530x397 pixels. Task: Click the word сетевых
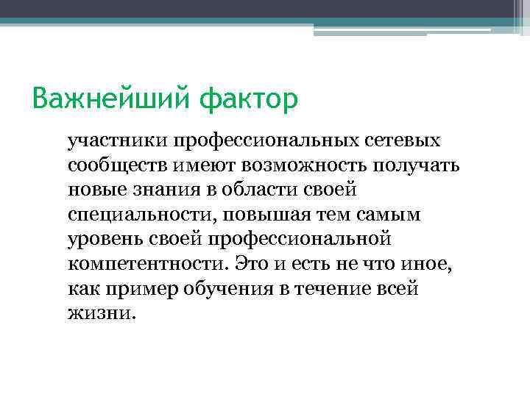coord(398,140)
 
